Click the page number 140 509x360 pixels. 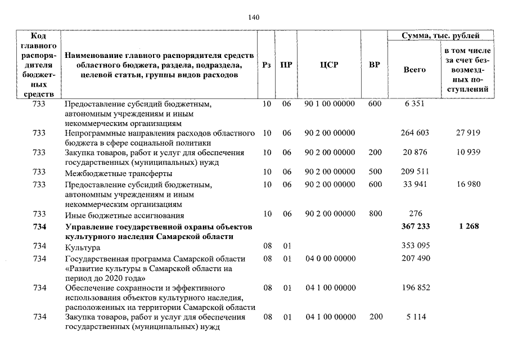coord(254,17)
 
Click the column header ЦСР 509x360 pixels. coord(328,65)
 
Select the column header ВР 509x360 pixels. coord(374,65)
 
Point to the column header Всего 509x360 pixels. coord(415,70)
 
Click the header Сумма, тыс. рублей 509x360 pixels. coord(440,36)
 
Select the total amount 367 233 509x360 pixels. coord(416,227)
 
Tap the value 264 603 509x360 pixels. coord(416,133)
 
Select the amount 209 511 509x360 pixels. coord(416,172)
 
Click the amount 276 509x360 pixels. coord(416,214)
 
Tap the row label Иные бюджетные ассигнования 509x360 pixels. coord(124,215)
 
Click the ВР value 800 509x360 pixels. coord(375,214)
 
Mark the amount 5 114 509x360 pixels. coord(416,317)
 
